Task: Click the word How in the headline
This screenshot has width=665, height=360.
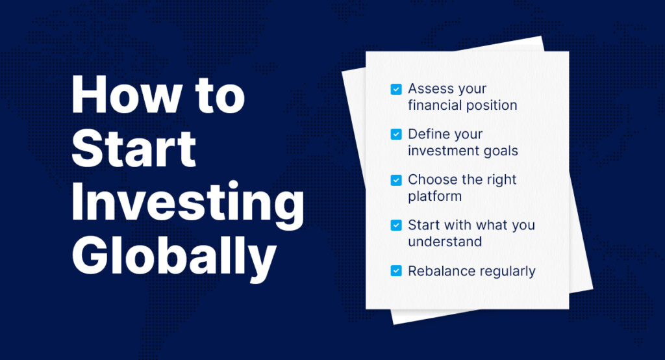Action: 127,95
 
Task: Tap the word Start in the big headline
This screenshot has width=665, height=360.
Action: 134,148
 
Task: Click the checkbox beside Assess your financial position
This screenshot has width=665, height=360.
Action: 396,89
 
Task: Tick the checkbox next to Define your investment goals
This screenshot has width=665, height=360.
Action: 396,135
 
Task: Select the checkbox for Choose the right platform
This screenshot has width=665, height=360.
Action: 396,180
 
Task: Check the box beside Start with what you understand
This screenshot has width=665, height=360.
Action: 396,225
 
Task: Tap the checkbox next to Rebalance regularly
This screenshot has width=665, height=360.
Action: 396,271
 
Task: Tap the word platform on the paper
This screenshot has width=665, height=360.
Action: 434,196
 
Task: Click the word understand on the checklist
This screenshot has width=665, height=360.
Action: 445,242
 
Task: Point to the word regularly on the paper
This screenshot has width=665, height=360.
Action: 504,272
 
